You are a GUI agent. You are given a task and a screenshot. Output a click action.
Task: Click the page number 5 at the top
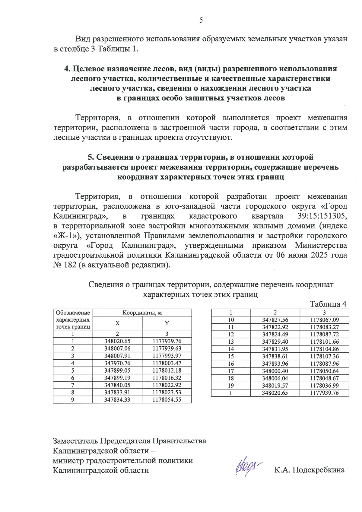[201, 20]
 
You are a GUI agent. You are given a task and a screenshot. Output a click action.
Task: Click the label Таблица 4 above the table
[328, 304]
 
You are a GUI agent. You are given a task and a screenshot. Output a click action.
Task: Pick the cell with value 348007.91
[117, 356]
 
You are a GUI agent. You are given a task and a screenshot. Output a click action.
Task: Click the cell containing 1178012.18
[167, 370]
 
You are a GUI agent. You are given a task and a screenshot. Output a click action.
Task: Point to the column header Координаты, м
[142, 313]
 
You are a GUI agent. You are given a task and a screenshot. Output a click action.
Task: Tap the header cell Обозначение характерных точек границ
[73, 320]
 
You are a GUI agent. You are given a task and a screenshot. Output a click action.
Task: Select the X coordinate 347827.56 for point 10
[275, 320]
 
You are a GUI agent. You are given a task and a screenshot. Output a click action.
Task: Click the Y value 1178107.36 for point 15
[324, 356]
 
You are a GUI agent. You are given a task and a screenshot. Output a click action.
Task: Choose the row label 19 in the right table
[231, 386]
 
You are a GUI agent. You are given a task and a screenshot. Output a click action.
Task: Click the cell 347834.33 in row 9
[117, 400]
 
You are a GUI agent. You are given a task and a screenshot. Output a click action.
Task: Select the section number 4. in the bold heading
[67, 69]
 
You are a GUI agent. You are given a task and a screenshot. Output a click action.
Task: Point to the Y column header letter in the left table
[167, 323]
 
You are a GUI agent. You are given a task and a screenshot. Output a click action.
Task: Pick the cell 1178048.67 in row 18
[324, 378]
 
